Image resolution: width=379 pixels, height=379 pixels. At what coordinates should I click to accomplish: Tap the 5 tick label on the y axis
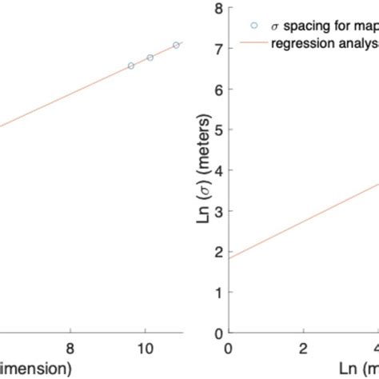click(219, 130)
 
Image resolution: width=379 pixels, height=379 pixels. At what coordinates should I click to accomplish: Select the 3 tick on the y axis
click(219, 211)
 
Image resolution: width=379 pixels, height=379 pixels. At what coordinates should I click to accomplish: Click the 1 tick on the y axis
click(219, 292)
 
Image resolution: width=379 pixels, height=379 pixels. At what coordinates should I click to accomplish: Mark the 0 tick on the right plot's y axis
click(219, 333)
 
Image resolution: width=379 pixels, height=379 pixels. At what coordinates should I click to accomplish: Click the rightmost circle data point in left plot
click(176, 46)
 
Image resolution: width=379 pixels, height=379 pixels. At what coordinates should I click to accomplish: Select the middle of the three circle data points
click(150, 58)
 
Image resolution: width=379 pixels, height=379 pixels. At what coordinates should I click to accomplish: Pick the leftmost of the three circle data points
click(131, 66)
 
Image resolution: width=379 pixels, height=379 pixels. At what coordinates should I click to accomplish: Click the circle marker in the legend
click(254, 25)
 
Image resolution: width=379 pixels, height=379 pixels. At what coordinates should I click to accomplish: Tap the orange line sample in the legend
click(254, 45)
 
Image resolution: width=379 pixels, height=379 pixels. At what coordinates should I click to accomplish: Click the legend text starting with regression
click(325, 45)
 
